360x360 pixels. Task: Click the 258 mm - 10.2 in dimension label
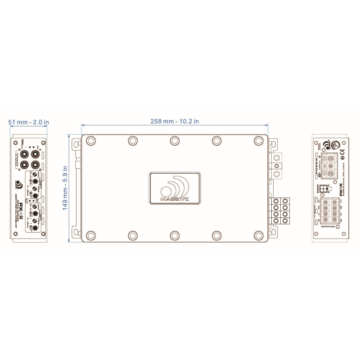tap(175, 121)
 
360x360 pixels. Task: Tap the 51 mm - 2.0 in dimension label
tap(29, 121)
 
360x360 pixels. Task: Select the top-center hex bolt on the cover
tap(175, 141)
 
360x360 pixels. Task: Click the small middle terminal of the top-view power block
tap(277, 166)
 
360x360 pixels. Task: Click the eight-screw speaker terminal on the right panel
tap(331, 211)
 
